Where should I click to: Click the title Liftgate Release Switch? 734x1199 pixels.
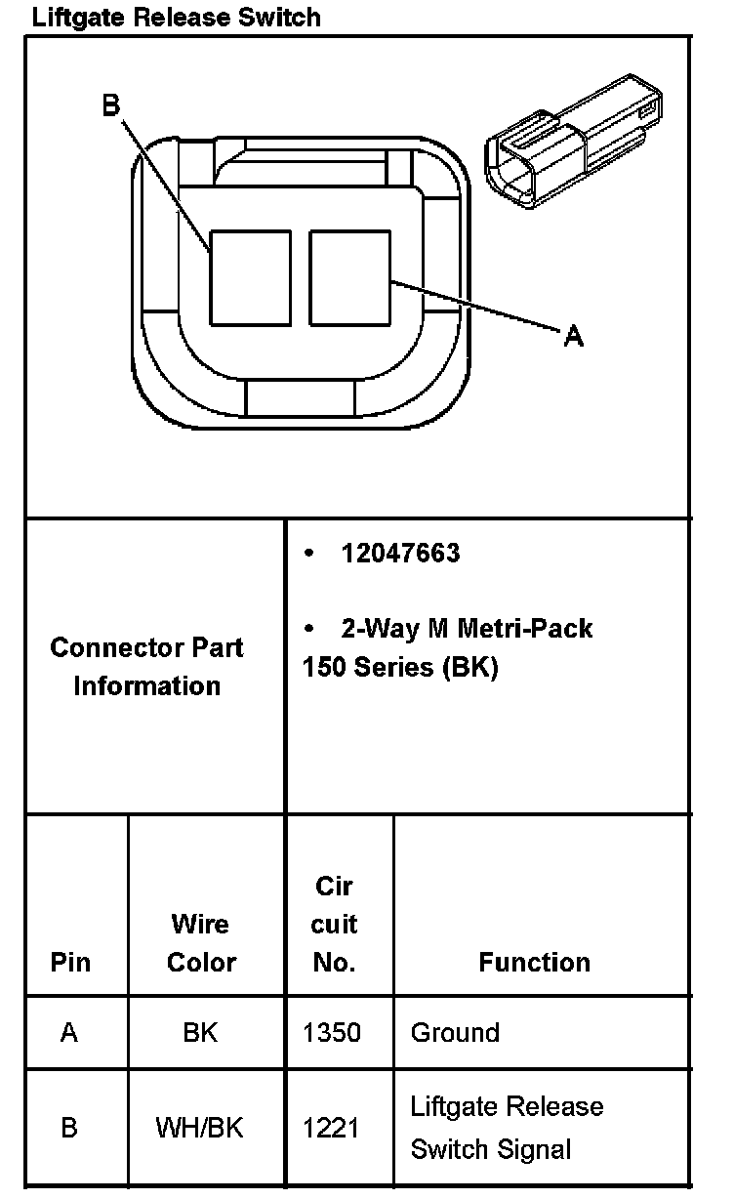(x=176, y=17)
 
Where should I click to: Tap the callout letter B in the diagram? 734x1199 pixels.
(x=111, y=105)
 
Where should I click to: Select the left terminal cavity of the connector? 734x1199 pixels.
(x=251, y=277)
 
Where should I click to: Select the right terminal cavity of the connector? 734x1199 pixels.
(x=349, y=277)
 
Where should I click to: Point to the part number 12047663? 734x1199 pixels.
(x=400, y=554)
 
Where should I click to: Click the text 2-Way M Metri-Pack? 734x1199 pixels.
(x=467, y=628)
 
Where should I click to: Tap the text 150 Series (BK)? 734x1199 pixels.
(x=400, y=669)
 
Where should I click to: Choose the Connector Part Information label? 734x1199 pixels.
(x=146, y=666)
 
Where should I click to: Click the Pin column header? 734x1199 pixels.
(x=70, y=962)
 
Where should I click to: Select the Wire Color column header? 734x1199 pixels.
(x=201, y=942)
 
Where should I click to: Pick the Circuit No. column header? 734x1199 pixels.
(x=335, y=924)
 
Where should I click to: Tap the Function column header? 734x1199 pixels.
(x=534, y=962)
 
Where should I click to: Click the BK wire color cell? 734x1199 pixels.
(x=200, y=1032)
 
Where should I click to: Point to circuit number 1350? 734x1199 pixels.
(x=332, y=1032)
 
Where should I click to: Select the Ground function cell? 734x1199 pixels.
(x=455, y=1032)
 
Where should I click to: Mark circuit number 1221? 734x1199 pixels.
(x=332, y=1128)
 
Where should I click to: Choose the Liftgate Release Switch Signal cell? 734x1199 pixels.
(x=507, y=1128)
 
